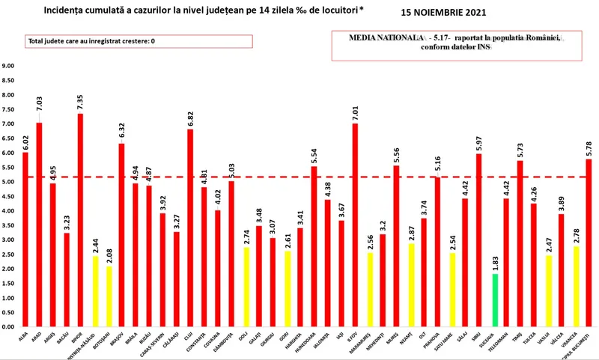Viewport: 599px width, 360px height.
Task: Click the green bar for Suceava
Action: pos(493,300)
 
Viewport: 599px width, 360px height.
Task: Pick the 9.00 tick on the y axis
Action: pos(9,66)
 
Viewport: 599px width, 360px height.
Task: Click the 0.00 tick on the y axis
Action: pos(9,327)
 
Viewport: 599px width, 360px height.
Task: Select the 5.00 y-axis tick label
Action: pos(9,182)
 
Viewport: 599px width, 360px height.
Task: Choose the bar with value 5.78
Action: pos(589,242)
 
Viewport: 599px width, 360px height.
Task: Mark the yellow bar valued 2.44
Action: pos(94,291)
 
